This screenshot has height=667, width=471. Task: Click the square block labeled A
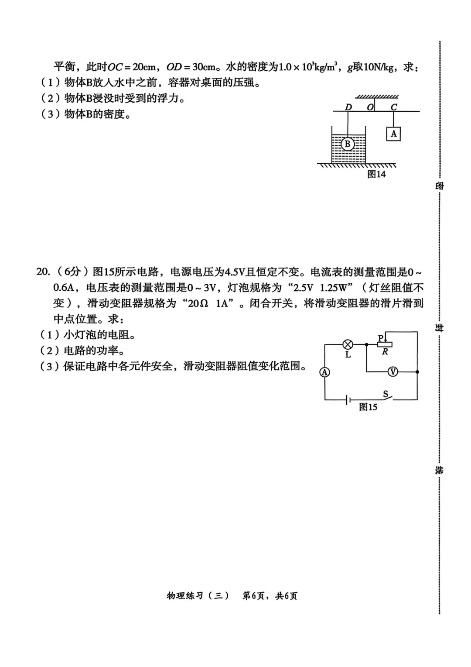coord(393,134)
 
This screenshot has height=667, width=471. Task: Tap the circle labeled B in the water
coord(348,144)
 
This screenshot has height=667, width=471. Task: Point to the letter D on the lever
coord(348,107)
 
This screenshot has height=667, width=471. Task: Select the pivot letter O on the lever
coord(370,107)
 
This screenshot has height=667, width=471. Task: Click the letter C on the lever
coord(394,107)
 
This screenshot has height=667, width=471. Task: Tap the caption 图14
coord(376,174)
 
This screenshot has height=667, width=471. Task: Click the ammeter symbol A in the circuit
coord(324,372)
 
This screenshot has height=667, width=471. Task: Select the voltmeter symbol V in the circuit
coord(393,371)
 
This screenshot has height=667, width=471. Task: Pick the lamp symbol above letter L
coord(348,344)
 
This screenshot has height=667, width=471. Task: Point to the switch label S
coord(386,394)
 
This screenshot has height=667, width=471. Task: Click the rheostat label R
coord(385,352)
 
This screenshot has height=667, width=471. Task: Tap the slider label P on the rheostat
coord(380,337)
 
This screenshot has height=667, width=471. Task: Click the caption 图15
coord(368,407)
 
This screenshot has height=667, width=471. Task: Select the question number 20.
coord(43,272)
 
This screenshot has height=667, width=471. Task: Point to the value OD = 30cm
coord(191,67)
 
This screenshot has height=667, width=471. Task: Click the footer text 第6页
coord(253,596)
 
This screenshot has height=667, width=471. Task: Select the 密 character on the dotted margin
coord(439,185)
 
